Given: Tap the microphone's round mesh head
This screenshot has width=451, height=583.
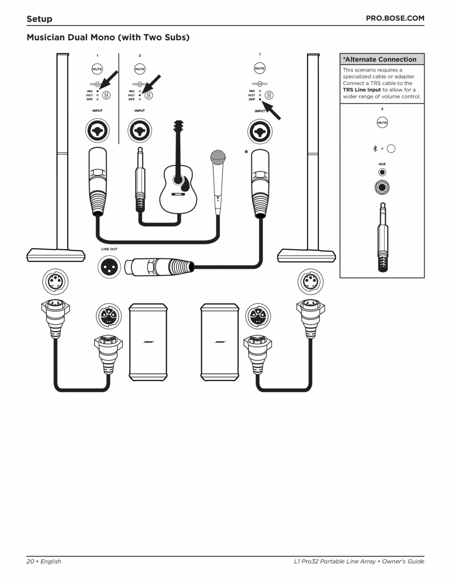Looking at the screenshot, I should point(217,158).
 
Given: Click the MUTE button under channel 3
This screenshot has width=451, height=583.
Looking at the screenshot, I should point(382,122).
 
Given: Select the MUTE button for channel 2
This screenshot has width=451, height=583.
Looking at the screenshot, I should point(139,69).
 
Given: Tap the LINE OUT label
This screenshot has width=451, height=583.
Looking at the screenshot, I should point(109,249).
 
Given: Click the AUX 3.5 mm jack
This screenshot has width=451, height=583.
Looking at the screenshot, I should point(382,172).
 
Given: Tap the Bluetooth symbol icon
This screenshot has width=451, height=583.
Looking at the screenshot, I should point(374,148).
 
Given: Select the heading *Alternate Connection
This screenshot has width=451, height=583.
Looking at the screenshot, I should point(379,59).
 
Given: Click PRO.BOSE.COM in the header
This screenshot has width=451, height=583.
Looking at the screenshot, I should point(395,19).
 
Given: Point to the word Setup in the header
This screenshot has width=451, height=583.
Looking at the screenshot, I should point(39,19).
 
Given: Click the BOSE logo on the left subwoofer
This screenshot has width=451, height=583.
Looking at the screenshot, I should point(148,342).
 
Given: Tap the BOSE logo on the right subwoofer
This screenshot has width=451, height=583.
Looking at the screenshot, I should point(220,342).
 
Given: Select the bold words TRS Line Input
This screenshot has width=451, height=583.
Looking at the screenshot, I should point(362,90).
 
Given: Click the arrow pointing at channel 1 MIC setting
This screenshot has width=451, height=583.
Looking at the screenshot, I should point(109,79).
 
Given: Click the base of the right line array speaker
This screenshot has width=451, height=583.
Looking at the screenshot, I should point(307,255).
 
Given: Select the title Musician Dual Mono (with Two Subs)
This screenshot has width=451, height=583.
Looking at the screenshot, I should point(108,37).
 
